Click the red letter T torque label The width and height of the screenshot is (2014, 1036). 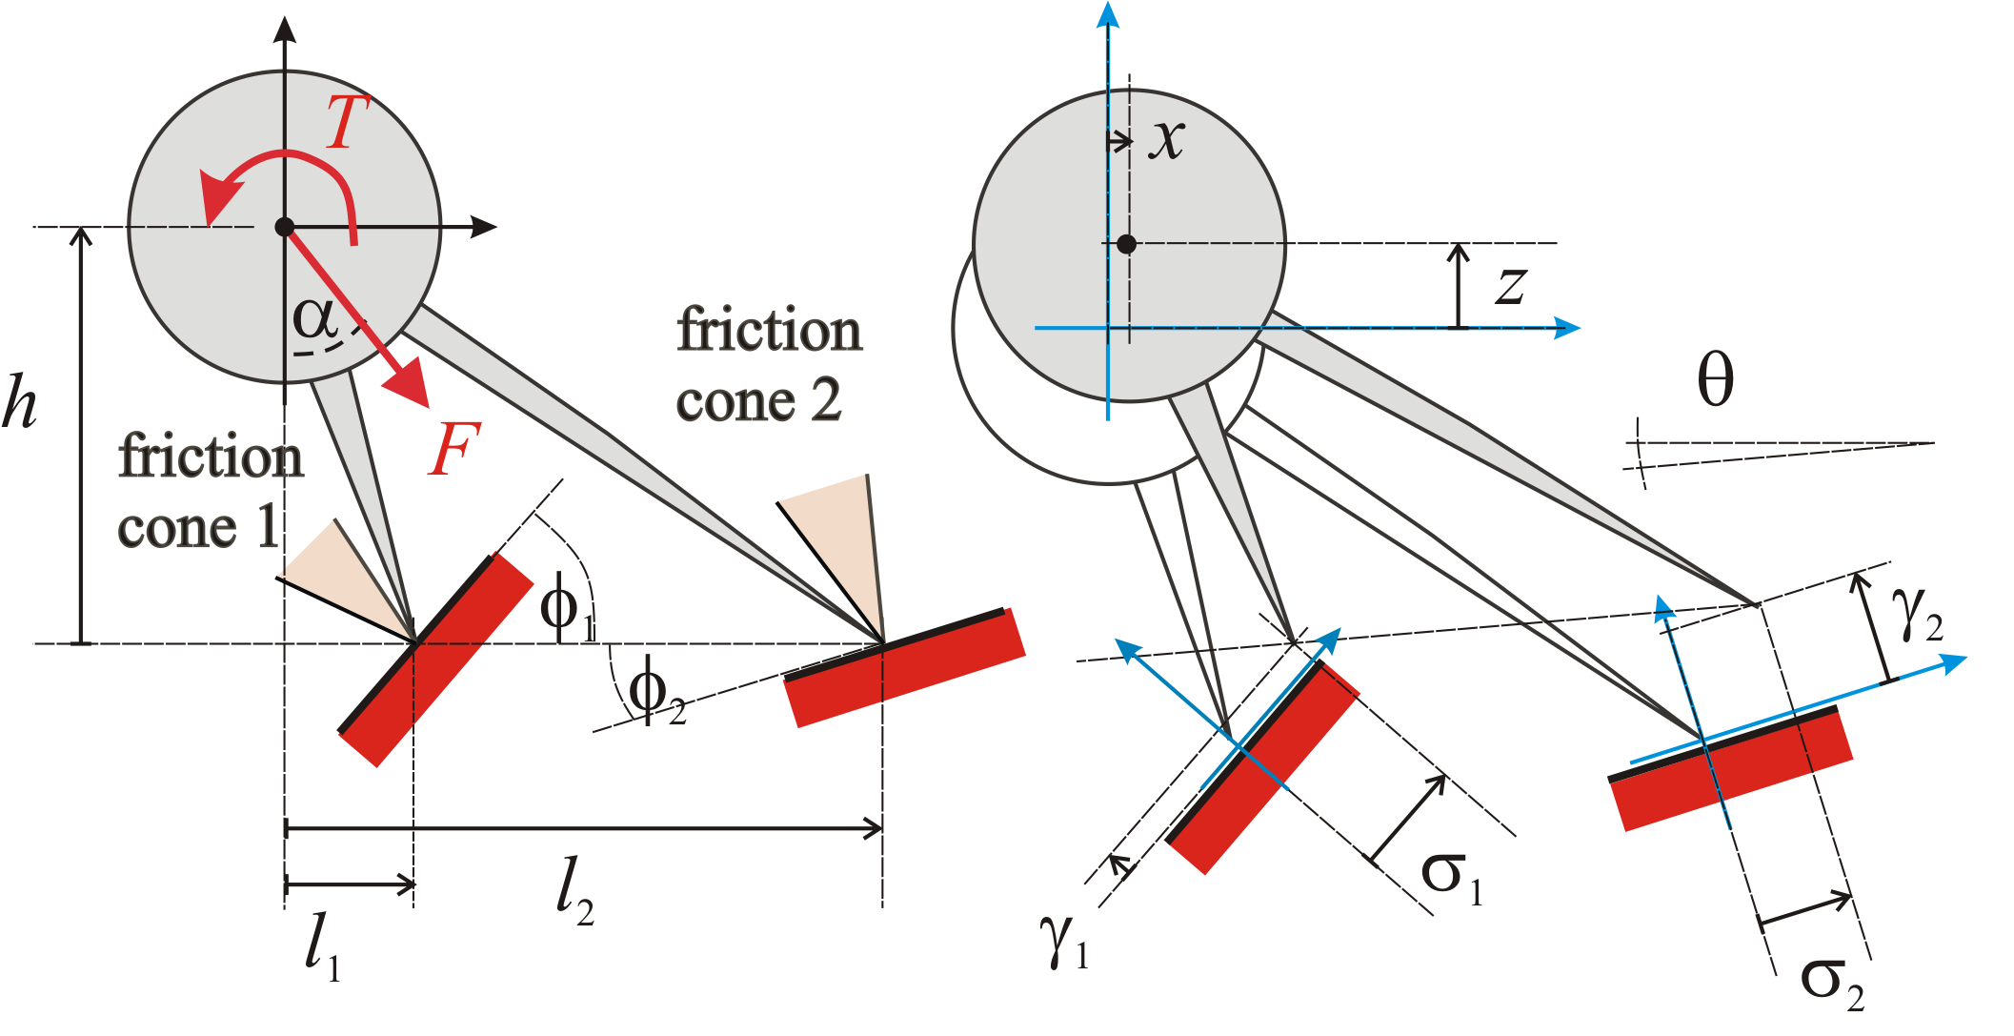[x=347, y=122]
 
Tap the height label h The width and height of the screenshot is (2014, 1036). [x=20, y=400]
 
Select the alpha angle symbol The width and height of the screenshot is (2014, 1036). [x=315, y=318]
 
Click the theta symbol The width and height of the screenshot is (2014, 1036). [x=1716, y=379]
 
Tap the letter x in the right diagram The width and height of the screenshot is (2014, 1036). [x=1167, y=140]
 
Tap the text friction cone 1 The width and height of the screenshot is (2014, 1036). [x=211, y=492]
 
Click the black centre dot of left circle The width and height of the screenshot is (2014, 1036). [x=284, y=227]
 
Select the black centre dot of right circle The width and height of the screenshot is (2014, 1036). [x=1126, y=244]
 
